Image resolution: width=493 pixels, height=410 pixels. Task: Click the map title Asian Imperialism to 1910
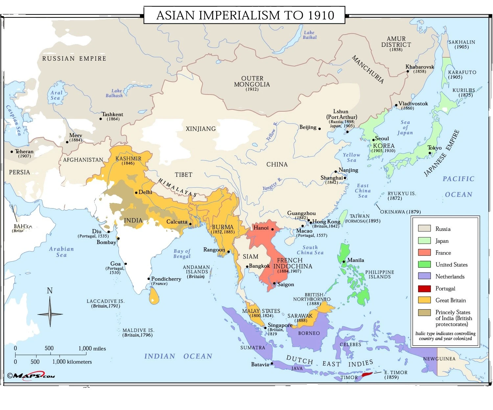tap(245, 15)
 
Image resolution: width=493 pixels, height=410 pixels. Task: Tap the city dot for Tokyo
tap(430, 153)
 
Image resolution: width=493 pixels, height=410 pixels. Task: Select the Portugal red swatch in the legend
tap(424, 289)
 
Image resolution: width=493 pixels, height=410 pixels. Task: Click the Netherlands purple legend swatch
tap(424, 277)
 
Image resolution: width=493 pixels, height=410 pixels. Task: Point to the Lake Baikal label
tap(309, 35)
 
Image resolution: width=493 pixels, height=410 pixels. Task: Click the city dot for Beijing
tap(319, 128)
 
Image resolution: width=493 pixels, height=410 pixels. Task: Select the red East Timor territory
tap(367, 375)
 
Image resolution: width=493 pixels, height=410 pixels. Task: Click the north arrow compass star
tap(50, 314)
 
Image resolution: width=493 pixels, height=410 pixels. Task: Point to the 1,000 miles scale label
tap(92, 348)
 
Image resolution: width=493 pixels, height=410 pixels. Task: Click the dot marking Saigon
tap(274, 283)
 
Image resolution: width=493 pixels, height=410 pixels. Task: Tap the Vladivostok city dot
tap(396, 105)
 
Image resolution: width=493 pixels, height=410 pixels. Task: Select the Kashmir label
tap(128, 159)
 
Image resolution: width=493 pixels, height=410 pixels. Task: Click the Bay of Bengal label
tap(182, 254)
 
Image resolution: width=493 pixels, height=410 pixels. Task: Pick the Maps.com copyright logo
tap(31, 375)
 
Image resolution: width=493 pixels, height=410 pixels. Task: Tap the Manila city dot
tap(344, 261)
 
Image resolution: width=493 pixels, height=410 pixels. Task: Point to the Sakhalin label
tap(461, 42)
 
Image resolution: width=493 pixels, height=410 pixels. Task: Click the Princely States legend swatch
tap(424, 313)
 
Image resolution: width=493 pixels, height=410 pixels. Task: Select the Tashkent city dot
tap(101, 119)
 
